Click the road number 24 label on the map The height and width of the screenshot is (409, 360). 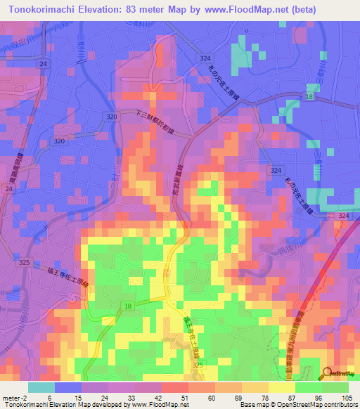(44, 64)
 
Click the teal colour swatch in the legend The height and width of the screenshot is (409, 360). (41, 387)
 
